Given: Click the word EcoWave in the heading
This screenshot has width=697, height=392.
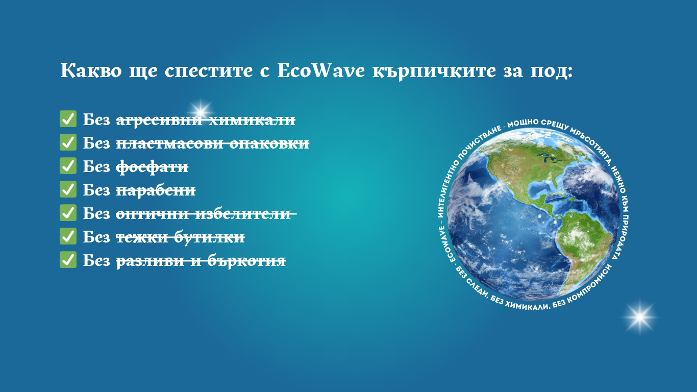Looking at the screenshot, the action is click(x=321, y=70).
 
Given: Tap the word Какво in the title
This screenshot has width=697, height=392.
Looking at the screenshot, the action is click(x=91, y=70).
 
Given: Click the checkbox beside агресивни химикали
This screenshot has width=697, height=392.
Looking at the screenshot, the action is click(x=68, y=118).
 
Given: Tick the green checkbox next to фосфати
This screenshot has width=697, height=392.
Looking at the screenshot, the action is click(x=68, y=166).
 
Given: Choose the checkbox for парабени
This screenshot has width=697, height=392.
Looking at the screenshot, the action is click(x=68, y=189).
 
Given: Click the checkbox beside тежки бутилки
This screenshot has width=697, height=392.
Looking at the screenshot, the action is click(x=68, y=236).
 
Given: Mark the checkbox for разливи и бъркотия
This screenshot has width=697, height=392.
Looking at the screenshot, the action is click(x=68, y=260).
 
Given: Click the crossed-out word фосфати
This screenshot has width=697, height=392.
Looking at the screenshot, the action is click(x=152, y=167).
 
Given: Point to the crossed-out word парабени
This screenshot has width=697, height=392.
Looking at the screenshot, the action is click(x=156, y=190).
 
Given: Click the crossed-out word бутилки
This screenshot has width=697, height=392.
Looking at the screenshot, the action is click(x=209, y=237).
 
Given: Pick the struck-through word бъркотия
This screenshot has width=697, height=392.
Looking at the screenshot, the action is click(x=246, y=261).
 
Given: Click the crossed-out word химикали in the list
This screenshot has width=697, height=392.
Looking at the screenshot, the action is click(x=252, y=120).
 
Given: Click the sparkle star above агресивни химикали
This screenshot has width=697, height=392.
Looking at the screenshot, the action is click(x=200, y=111).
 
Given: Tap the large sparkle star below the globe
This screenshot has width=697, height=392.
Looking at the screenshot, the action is click(x=640, y=317).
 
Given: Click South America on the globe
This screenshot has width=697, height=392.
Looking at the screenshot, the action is click(x=585, y=246).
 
